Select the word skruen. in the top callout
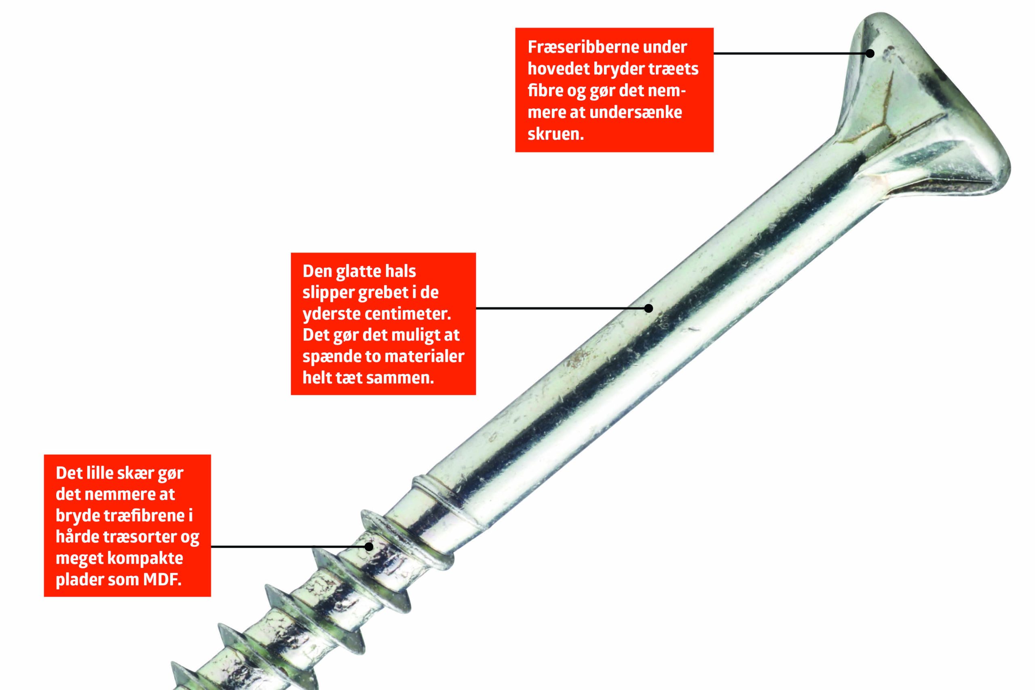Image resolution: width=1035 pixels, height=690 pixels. tap(556, 134)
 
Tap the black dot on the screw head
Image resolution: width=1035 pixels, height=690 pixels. tap(870, 53)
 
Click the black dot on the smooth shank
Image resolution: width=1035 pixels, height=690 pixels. tap(648, 308)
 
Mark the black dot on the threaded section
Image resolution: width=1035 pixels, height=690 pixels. tap(369, 547)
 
